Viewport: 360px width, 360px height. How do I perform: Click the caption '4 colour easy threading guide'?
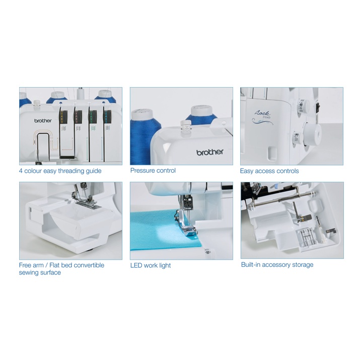click(x=60, y=171)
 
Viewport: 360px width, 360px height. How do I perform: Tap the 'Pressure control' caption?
click(x=153, y=171)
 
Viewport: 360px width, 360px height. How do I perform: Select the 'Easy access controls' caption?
click(x=269, y=171)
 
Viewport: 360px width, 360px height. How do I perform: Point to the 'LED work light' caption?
click(x=151, y=265)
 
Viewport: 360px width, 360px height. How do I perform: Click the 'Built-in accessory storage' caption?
click(x=277, y=265)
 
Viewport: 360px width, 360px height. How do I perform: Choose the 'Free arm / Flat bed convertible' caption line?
click(x=61, y=265)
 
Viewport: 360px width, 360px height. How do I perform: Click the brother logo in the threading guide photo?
click(x=43, y=120)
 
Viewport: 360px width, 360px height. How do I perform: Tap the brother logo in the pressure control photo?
click(x=210, y=152)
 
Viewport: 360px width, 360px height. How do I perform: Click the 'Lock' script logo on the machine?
click(x=262, y=113)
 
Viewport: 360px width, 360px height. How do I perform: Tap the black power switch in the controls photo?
click(x=318, y=107)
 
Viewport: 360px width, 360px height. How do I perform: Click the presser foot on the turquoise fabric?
click(x=186, y=224)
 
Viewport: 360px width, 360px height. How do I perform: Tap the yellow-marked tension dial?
click(x=63, y=117)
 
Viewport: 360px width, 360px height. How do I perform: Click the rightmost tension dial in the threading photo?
click(x=107, y=117)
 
